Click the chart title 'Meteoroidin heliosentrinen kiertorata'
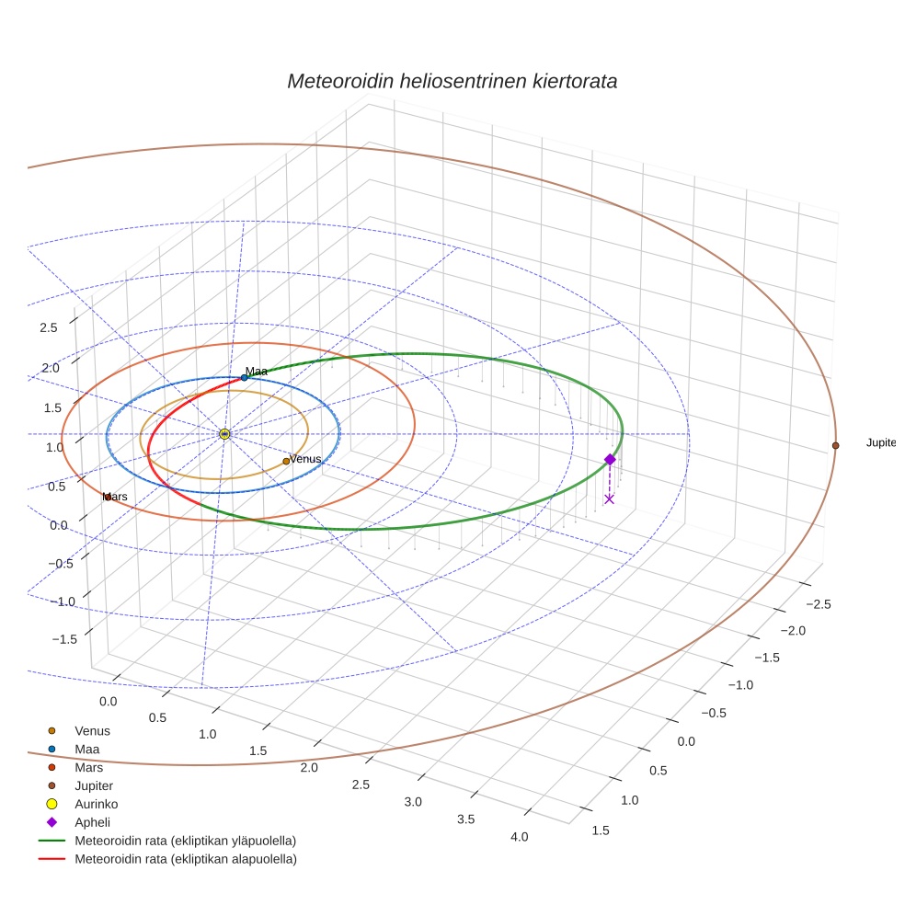pos(452,81)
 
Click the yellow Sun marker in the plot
pos(224,433)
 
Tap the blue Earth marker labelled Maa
pos(244,377)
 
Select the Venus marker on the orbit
pos(286,461)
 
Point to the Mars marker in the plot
pos(108,497)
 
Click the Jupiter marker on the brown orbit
pos(835,445)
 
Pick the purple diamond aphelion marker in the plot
pos(609,459)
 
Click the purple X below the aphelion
pos(609,498)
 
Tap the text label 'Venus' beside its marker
pos(305,458)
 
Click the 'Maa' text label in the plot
pos(257,372)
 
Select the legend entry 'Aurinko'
pos(96,804)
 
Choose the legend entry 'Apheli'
pos(92,822)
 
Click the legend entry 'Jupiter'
pos(94,785)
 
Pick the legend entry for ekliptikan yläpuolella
pos(185,841)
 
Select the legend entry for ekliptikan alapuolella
pos(185,859)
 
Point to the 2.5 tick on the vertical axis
pos(48,327)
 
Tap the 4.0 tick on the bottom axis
pos(519,836)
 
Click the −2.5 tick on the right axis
pos(818,604)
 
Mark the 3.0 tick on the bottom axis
pos(412,802)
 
